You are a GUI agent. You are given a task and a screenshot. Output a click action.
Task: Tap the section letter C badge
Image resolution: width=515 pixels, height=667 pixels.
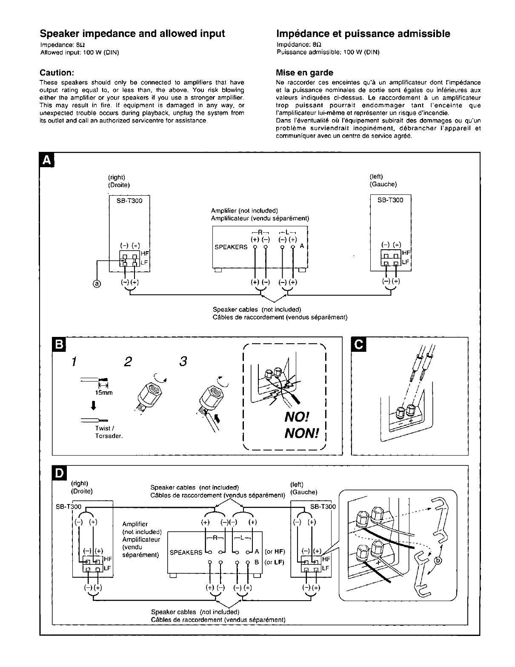[x=359, y=344]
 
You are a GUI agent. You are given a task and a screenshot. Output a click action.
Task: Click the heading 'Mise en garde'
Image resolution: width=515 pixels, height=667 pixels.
[x=304, y=72]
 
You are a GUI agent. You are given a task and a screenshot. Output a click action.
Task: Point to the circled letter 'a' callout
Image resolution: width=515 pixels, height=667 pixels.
[x=97, y=284]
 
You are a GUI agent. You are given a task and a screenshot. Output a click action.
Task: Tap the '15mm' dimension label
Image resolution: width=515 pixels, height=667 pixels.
[x=103, y=393]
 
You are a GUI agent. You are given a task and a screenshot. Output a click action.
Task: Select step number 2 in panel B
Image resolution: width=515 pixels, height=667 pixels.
[x=127, y=362]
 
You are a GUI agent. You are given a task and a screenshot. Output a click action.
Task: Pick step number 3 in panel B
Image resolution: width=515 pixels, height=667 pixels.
[x=183, y=362]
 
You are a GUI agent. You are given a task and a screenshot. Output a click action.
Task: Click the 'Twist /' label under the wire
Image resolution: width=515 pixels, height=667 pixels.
[x=103, y=428]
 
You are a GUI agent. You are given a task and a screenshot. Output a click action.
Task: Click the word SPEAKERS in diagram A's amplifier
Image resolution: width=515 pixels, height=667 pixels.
[x=231, y=247]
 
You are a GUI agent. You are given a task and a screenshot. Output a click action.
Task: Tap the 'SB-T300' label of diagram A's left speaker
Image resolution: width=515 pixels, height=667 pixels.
[x=390, y=200]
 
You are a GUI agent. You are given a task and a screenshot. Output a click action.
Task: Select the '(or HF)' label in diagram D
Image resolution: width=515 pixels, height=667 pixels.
[x=275, y=552]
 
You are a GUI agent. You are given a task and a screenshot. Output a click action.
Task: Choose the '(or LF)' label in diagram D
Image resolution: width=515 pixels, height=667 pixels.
[x=275, y=562]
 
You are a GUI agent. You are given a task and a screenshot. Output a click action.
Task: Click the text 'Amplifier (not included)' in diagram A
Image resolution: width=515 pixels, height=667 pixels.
[x=244, y=211]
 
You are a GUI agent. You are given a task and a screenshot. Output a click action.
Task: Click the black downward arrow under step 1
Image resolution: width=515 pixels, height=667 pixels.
[x=93, y=406]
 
